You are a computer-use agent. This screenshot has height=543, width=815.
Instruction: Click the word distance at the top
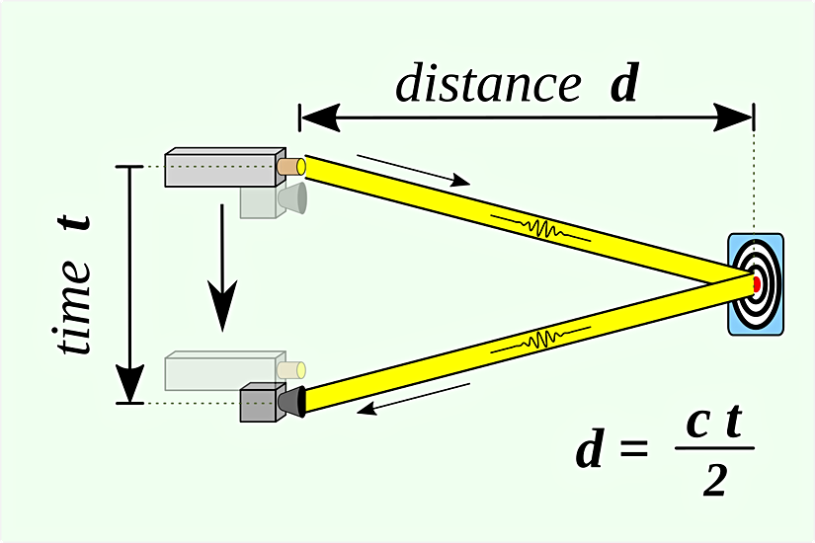[x=488, y=83]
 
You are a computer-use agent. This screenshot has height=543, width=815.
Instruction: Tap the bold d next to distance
[x=623, y=82]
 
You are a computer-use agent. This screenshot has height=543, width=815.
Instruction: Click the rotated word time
[x=74, y=307]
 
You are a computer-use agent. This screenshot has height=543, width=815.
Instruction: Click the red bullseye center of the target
[x=757, y=283]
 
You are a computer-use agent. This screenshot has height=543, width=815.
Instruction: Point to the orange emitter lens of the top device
[x=291, y=166]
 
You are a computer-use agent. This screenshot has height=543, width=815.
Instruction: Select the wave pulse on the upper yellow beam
[x=541, y=228]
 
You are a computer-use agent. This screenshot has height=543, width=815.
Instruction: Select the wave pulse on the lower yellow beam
[x=541, y=341]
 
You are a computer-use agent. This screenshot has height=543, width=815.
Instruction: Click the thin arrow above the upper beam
[x=414, y=170]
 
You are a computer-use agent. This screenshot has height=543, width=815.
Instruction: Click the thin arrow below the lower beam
[x=414, y=400]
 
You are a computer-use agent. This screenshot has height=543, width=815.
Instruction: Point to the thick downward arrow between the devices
[x=222, y=268]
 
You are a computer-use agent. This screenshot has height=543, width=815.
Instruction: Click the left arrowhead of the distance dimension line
[x=321, y=117]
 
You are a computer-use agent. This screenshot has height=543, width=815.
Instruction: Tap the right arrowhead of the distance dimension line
[x=733, y=117]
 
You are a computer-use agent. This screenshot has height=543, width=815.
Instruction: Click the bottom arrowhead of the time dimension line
[x=129, y=383]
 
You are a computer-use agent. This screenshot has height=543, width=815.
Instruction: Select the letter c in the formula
[x=697, y=423]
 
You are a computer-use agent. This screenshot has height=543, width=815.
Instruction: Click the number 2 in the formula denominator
[x=714, y=481]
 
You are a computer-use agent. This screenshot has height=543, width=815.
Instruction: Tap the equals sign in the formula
[x=634, y=448]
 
